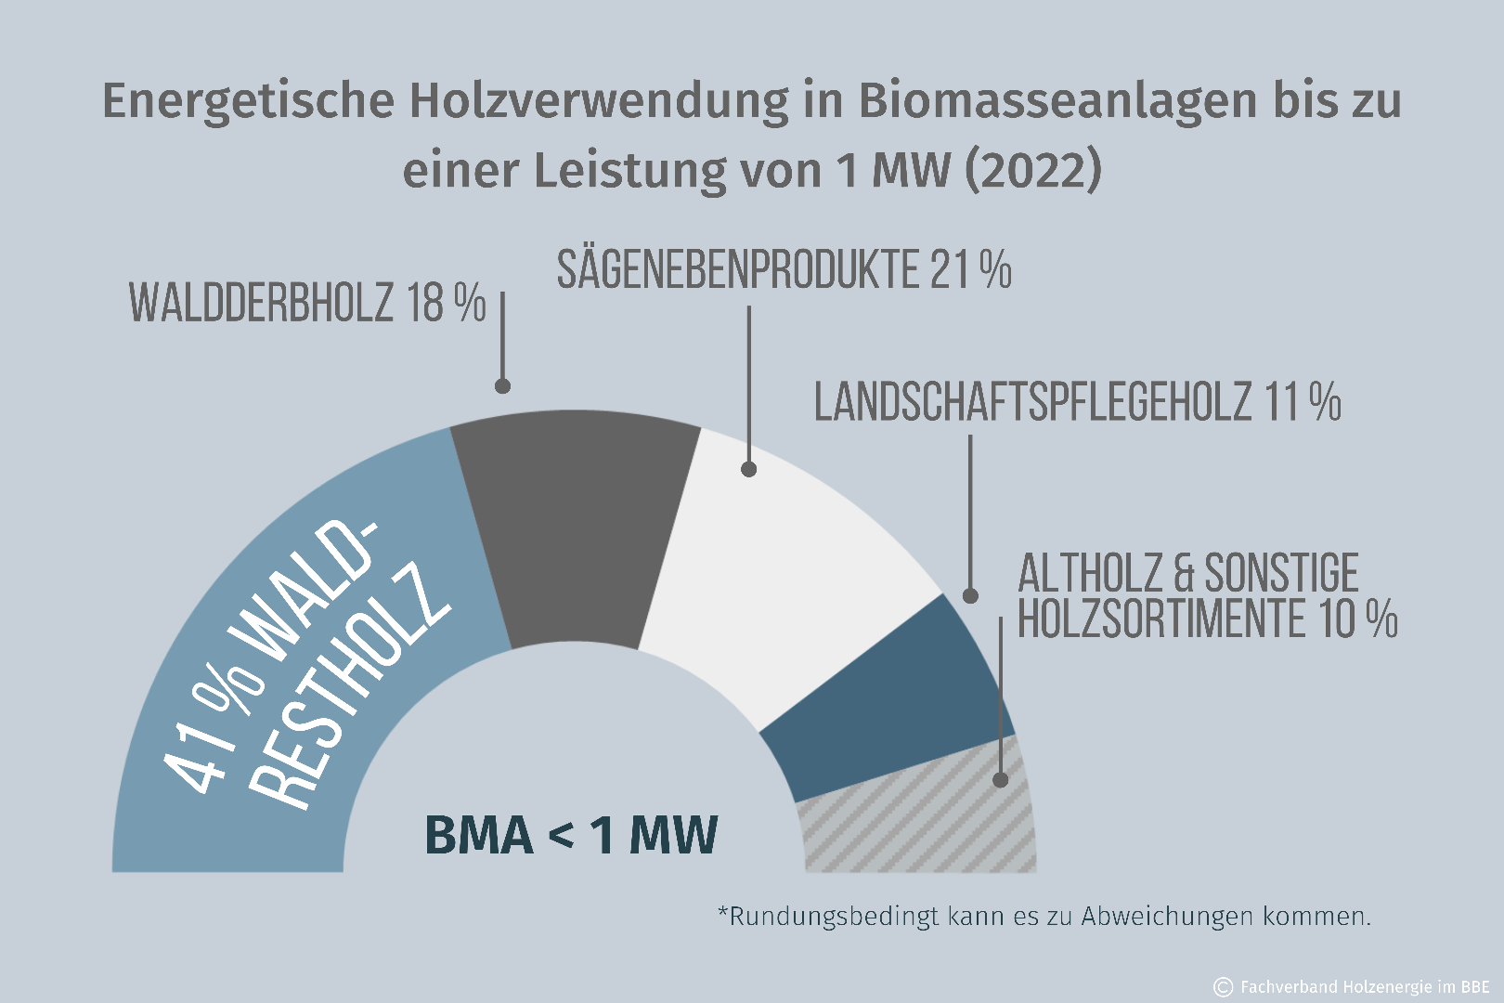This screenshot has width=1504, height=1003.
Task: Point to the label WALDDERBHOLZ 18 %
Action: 307,303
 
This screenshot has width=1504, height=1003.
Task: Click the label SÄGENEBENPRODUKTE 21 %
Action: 784,270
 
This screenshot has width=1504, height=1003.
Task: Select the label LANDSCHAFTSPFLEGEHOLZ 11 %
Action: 1077,402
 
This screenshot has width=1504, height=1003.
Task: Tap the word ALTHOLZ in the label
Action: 1090,573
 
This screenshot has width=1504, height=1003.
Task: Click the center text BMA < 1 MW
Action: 571,834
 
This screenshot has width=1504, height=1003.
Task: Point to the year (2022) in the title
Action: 1033,170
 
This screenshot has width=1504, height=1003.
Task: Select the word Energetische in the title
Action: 248,100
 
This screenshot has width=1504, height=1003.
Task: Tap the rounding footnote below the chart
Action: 1044,917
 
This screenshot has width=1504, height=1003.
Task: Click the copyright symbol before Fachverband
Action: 1223,986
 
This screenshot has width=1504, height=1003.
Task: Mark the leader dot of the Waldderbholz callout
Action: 502,386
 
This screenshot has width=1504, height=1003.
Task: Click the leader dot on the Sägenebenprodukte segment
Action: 749,469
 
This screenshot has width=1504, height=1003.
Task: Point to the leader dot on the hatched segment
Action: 1001,780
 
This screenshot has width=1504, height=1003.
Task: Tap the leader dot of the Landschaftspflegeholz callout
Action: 970,595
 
